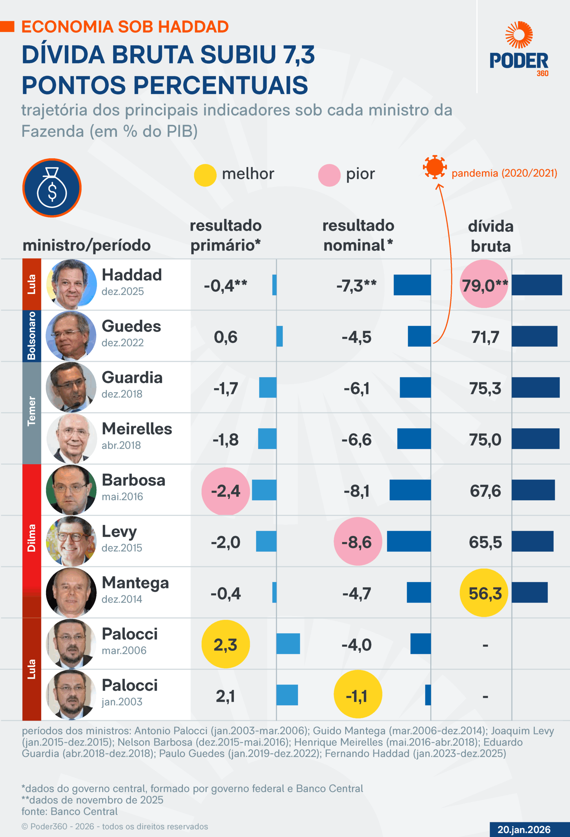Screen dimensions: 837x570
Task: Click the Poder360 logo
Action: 519,49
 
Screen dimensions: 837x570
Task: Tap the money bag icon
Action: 52,188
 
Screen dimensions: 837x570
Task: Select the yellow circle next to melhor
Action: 205,175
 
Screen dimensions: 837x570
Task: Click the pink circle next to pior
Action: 329,175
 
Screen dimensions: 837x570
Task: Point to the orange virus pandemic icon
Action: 435,167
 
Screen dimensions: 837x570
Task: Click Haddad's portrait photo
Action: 71,284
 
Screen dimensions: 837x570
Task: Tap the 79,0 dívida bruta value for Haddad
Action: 484,285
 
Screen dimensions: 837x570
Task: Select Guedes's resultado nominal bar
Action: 419,336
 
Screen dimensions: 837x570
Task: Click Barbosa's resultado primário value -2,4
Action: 226,490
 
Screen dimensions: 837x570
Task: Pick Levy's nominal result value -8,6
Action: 357,542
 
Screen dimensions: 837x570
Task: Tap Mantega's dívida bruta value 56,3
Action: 484,593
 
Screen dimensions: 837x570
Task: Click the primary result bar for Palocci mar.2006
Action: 288,643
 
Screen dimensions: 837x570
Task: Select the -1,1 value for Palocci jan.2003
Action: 357,695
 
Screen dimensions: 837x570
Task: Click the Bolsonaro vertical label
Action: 32,336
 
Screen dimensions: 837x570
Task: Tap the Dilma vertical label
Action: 32,538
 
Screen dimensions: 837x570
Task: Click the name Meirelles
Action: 137,429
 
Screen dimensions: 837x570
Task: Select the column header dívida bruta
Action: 491,236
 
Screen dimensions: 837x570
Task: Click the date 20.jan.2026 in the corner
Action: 524,829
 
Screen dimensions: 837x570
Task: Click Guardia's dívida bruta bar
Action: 535,387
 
